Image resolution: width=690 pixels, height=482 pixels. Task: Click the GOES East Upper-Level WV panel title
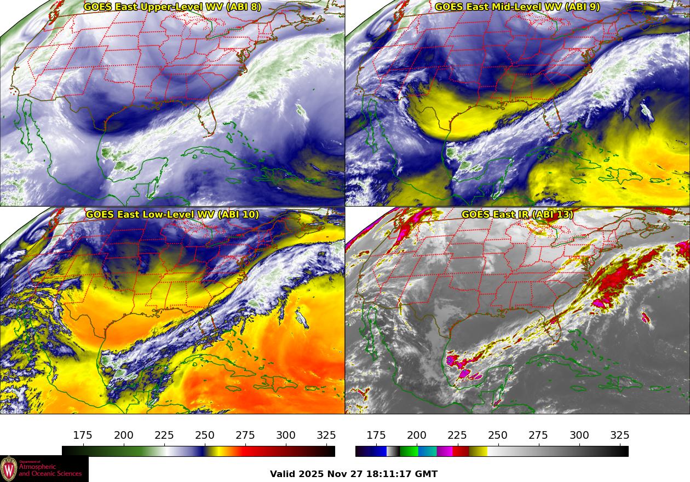173,7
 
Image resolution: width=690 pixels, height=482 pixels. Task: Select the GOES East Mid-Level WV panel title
517,7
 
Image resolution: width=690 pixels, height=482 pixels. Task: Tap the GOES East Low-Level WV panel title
173,214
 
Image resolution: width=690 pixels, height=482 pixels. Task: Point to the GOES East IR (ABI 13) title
517,214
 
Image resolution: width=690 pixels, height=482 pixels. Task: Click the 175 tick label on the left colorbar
83,435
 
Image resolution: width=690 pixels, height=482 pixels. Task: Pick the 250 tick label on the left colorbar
205,435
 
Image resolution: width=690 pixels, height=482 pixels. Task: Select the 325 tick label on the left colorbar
326,435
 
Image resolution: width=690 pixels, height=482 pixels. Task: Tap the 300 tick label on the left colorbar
286,435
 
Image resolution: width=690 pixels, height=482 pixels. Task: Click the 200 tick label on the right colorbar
417,435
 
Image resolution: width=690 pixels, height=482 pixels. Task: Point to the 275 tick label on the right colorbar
538,435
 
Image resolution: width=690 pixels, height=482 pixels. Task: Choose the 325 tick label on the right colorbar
619,435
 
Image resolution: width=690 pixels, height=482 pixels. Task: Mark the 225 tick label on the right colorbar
457,435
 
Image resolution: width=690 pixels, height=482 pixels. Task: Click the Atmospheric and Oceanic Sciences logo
44,469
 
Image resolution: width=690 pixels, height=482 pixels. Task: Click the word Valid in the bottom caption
283,474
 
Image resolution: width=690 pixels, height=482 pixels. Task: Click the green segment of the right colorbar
409,451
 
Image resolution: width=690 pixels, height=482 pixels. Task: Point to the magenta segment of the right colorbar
445,451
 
